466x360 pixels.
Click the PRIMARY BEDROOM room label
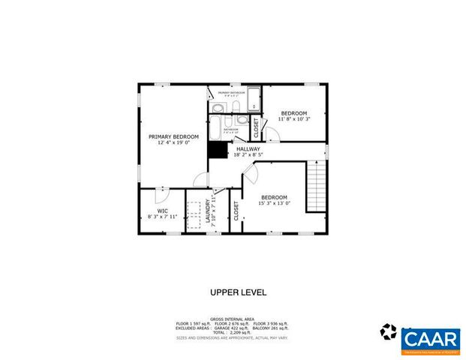tap(173, 136)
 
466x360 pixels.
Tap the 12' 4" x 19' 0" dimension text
tap(173, 142)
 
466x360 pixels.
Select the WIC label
tap(162, 211)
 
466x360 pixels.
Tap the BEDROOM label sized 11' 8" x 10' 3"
tap(294, 112)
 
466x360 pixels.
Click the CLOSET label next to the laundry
tap(236, 211)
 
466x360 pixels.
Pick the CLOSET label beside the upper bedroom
tap(256, 129)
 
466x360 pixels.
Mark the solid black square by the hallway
tap(218, 149)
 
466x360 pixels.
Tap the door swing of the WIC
tap(160, 195)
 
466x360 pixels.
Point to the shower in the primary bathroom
tap(254, 99)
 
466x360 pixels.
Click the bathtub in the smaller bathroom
tap(217, 124)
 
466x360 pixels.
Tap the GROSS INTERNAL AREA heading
tap(232, 318)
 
